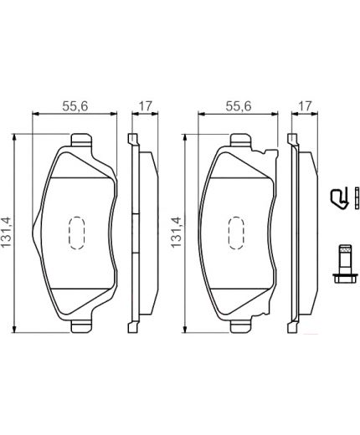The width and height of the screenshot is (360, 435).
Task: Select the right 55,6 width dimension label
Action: [238, 106]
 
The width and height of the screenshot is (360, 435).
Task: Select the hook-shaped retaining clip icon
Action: [342, 198]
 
